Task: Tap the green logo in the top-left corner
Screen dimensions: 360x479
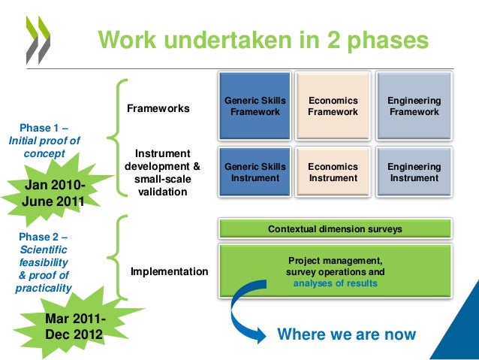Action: (x=35, y=37)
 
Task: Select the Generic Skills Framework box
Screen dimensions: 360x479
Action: (x=255, y=106)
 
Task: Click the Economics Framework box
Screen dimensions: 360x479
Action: (x=333, y=106)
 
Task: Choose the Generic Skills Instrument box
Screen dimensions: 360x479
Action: (x=255, y=172)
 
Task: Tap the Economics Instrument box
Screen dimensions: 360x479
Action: (x=333, y=172)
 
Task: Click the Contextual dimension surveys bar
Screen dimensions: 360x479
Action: (x=335, y=228)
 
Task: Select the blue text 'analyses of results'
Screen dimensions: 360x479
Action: (x=335, y=283)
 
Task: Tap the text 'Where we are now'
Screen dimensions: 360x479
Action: (x=346, y=334)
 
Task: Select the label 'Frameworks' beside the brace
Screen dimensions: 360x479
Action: (x=158, y=109)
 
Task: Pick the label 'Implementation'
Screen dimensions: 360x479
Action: (x=169, y=271)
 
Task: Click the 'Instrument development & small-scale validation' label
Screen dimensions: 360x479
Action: (x=162, y=172)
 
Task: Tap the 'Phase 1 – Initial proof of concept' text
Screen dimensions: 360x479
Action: (x=44, y=141)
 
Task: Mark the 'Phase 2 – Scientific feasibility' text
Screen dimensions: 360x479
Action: (x=43, y=262)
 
